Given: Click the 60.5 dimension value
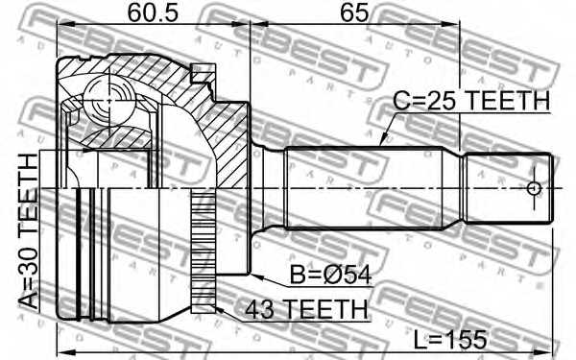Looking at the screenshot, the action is pyautogui.click(x=153, y=12).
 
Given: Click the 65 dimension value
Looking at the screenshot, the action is pyautogui.click(x=353, y=12).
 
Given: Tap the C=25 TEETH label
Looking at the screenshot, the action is pyautogui.click(x=471, y=100).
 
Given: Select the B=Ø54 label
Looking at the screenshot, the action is pyautogui.click(x=330, y=275).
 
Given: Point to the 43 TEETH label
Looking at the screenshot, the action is pyautogui.click(x=306, y=309).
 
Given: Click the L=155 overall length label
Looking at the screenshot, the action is pyautogui.click(x=450, y=340).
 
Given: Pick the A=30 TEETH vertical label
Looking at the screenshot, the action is pyautogui.click(x=28, y=231).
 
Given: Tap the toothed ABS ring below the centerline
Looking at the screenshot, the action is pyautogui.click(x=204, y=251).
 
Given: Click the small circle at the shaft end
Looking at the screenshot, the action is pyautogui.click(x=534, y=189).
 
